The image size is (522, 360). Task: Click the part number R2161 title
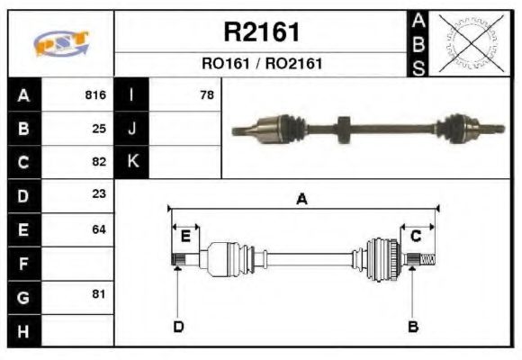click(x=261, y=32)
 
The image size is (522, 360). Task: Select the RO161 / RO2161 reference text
click(x=261, y=64)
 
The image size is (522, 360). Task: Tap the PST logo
click(x=60, y=44)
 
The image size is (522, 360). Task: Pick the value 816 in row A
click(x=95, y=94)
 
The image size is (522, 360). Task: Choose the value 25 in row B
click(x=99, y=129)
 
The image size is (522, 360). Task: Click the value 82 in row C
click(x=99, y=163)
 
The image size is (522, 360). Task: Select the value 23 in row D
click(x=99, y=193)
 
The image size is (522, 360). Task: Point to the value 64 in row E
click(x=99, y=229)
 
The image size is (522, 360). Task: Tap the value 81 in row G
click(x=99, y=293)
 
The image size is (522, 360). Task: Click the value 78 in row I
click(x=206, y=94)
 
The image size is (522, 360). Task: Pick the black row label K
click(x=132, y=162)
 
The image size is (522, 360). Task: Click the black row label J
click(x=132, y=129)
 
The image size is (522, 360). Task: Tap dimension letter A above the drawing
click(x=302, y=200)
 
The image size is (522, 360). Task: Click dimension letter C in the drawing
click(x=416, y=236)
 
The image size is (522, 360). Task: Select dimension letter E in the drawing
click(x=185, y=236)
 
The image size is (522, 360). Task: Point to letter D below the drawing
click(x=178, y=326)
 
